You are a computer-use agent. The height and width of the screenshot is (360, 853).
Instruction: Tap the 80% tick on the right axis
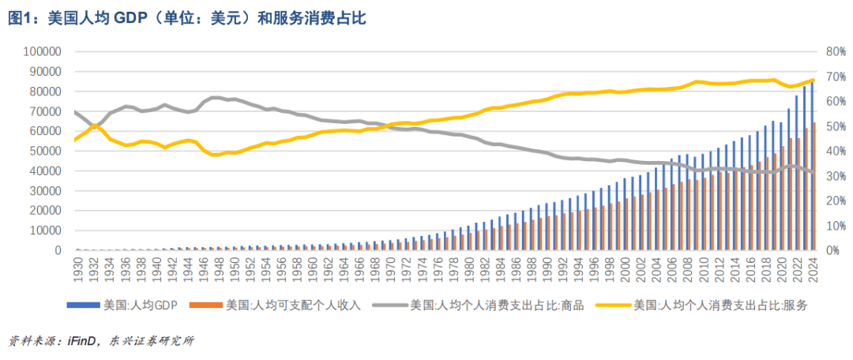point(836,51)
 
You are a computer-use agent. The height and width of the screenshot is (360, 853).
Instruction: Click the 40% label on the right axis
point(836,151)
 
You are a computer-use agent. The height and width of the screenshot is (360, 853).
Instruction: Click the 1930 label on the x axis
point(78,271)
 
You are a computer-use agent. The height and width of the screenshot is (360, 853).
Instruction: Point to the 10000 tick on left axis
point(46,231)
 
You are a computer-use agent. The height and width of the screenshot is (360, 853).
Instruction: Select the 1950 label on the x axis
point(233,271)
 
